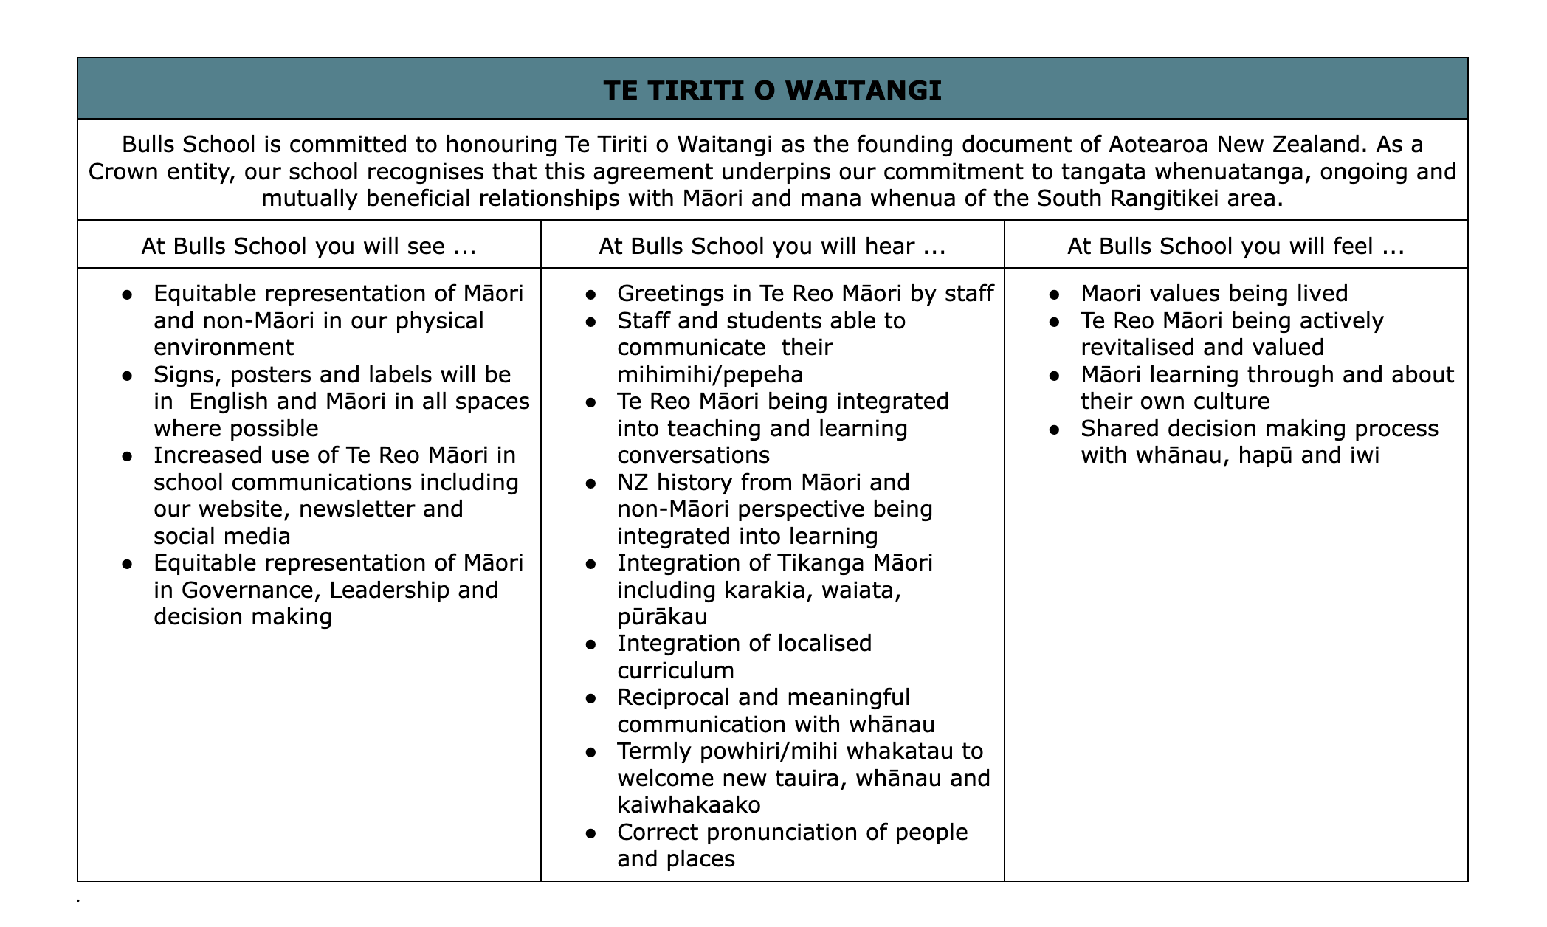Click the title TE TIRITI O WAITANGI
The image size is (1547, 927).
pos(772,91)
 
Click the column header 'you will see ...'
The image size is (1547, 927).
pos(309,246)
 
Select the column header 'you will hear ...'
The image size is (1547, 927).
pos(772,246)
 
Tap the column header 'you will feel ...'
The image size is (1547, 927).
pos(1236,246)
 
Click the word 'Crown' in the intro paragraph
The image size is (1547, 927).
pos(121,171)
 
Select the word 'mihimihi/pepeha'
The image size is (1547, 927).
pos(710,375)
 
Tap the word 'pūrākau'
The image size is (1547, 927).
pos(662,617)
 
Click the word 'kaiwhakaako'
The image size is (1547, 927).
pos(689,805)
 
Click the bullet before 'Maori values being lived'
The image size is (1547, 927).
pos(1055,294)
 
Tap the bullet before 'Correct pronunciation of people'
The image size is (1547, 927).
pos(591,833)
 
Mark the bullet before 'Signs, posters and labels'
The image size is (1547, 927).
pos(128,376)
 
